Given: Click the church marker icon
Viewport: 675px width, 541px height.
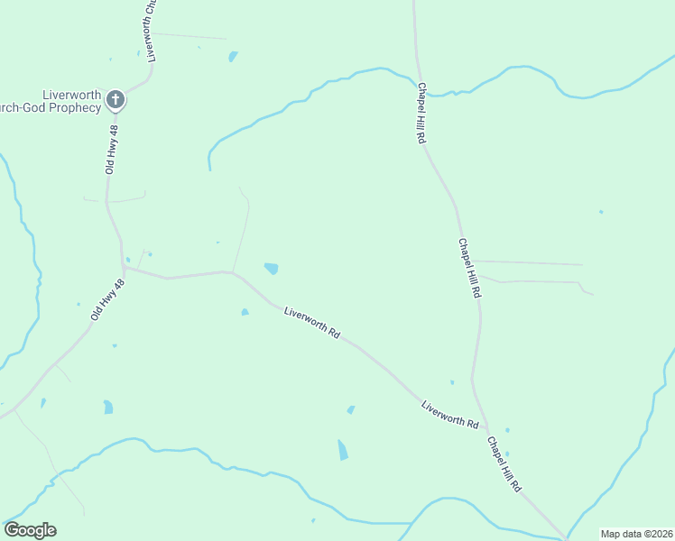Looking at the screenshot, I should pos(115,98).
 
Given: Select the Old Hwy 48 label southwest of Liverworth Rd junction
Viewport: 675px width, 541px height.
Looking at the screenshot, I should pos(106,299).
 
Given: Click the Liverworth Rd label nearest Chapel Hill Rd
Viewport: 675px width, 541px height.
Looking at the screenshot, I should pos(449,415).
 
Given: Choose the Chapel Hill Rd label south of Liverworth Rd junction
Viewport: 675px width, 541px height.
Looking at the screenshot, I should pos(504,463).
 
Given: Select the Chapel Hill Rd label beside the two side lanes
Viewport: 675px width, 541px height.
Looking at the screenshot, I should pos(469,269).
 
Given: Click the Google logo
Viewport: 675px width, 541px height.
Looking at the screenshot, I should pos(31,530).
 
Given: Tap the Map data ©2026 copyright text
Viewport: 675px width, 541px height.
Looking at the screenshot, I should pos(637,534).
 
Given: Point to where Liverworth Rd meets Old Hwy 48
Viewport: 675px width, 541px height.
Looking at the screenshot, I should pos(125,268).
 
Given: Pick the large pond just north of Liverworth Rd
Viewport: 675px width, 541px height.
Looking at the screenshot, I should pos(271,268).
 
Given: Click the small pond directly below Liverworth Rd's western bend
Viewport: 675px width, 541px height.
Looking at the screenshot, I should pos(245,313).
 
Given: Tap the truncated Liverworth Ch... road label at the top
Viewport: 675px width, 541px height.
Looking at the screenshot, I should pos(152,31).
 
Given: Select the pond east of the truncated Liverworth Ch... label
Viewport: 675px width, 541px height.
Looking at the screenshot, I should pos(233,56).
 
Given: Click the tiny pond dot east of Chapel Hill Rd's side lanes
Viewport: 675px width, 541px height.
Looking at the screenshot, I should pos(601,213).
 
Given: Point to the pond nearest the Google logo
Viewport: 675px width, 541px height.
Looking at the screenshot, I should pos(107,407).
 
